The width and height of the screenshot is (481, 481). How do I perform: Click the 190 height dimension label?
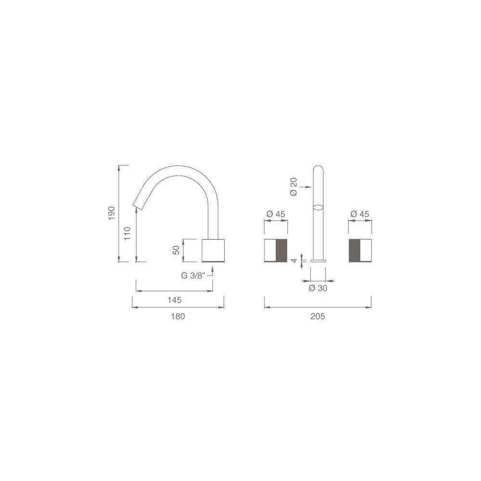(112, 213)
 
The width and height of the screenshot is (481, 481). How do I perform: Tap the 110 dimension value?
(127, 233)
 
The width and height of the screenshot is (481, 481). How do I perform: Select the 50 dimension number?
(177, 250)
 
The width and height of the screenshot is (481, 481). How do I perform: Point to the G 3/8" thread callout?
(193, 275)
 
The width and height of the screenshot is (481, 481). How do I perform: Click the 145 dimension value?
(174, 300)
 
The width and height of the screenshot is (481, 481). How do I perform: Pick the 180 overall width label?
(178, 316)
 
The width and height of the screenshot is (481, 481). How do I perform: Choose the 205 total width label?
(317, 316)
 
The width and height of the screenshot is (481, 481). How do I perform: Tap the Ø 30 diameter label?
(318, 288)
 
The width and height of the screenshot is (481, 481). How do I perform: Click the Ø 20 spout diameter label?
(293, 187)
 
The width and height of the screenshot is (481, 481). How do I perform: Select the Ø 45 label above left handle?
(276, 214)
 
